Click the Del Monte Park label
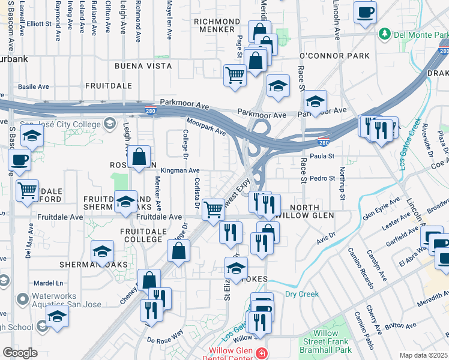point(421,34)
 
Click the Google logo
point(20,353)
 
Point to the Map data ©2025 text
point(423,355)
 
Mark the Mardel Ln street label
point(49,282)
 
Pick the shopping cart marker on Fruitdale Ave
point(214,209)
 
